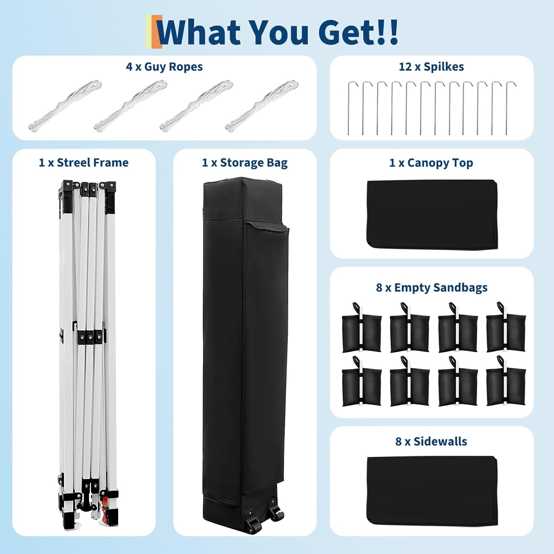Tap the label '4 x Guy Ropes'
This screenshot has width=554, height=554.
click(x=164, y=67)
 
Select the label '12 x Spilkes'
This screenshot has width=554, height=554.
click(x=431, y=67)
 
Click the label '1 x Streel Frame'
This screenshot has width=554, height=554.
click(x=84, y=163)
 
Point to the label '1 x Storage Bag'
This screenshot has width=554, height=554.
click(x=244, y=163)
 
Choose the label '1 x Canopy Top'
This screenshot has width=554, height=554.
click(x=431, y=163)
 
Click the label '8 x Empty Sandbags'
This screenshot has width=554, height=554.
click(x=431, y=287)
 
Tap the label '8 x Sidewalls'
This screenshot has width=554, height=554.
click(x=431, y=441)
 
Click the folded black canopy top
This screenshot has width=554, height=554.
click(x=432, y=214)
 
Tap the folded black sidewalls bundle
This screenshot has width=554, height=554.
click(x=432, y=490)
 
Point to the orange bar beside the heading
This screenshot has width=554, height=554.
click(x=158, y=32)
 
